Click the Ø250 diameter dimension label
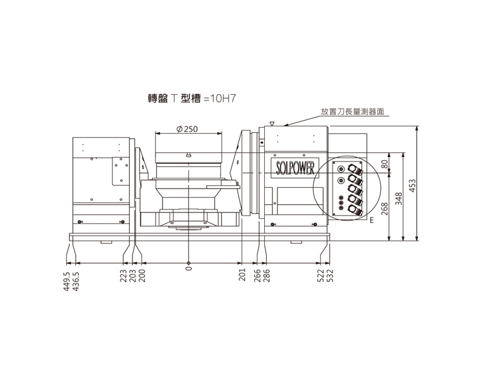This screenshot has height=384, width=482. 187,129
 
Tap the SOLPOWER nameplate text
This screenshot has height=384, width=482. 295,168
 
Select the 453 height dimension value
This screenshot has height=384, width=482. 412,185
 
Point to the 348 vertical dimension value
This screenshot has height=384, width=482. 399,199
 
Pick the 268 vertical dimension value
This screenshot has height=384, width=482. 385,209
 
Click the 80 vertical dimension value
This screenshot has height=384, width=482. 385,164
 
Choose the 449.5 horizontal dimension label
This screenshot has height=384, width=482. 67,281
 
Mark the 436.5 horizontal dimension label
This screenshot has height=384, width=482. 75,281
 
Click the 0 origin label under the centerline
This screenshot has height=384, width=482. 189,268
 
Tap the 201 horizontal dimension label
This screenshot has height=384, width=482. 242,275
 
